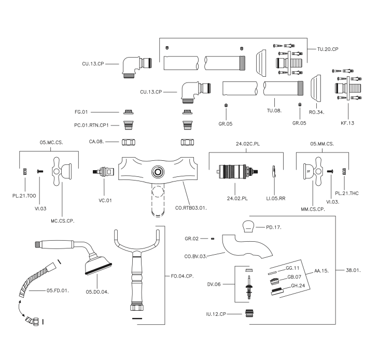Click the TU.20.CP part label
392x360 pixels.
[x=328, y=49]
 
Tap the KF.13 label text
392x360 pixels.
[x=347, y=123]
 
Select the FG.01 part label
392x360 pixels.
[x=81, y=112]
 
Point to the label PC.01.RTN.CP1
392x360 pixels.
[x=91, y=125]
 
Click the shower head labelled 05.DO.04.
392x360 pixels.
[x=98, y=265]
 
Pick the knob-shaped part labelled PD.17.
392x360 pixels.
[x=249, y=227]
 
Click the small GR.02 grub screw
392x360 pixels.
[x=213, y=239]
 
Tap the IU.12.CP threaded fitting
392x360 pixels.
[x=248, y=314]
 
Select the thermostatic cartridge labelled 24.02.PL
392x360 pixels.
[x=237, y=172]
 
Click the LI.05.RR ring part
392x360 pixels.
[x=274, y=171]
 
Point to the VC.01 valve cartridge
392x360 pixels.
[x=103, y=172]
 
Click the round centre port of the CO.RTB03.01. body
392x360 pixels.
[x=158, y=172]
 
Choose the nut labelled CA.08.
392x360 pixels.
[x=129, y=142]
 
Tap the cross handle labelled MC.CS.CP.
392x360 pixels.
[x=62, y=171]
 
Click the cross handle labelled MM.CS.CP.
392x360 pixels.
[x=313, y=171]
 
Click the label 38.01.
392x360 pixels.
[x=353, y=270]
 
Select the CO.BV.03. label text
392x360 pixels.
[x=195, y=256]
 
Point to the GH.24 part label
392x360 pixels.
[x=298, y=285]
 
